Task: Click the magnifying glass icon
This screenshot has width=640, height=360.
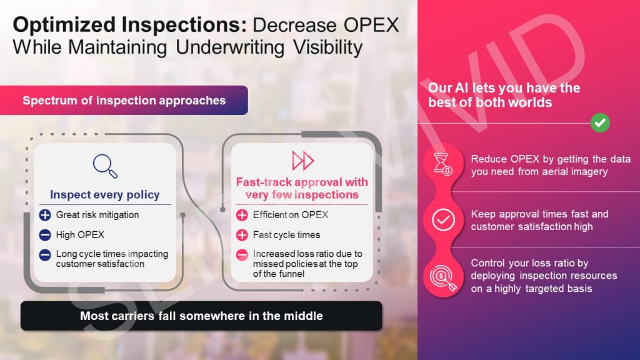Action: click(105, 166)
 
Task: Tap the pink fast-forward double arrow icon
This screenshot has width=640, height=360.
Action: click(303, 161)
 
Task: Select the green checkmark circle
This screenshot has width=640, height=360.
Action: click(600, 123)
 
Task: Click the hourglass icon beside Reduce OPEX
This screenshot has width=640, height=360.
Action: click(443, 164)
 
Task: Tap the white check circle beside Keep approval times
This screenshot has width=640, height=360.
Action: click(443, 220)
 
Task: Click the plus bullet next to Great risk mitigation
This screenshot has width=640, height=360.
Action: click(45, 215)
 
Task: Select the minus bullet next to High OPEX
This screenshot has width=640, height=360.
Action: click(45, 235)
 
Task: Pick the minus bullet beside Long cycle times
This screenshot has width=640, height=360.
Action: click(45, 255)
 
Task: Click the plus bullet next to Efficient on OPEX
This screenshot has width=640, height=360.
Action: click(242, 215)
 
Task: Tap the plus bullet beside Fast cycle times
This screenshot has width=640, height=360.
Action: click(242, 235)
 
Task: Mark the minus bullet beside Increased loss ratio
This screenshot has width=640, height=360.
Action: click(242, 255)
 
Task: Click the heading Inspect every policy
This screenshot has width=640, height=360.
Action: click(105, 195)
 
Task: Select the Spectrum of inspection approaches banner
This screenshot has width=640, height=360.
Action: click(124, 101)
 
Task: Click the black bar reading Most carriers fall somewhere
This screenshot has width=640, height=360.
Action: click(201, 316)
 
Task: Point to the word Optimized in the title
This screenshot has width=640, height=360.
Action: click(64, 25)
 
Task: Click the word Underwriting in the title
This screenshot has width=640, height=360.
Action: click(230, 47)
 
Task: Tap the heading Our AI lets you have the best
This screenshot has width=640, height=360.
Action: click(504, 95)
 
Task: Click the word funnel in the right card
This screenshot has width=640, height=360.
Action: click(291, 274)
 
